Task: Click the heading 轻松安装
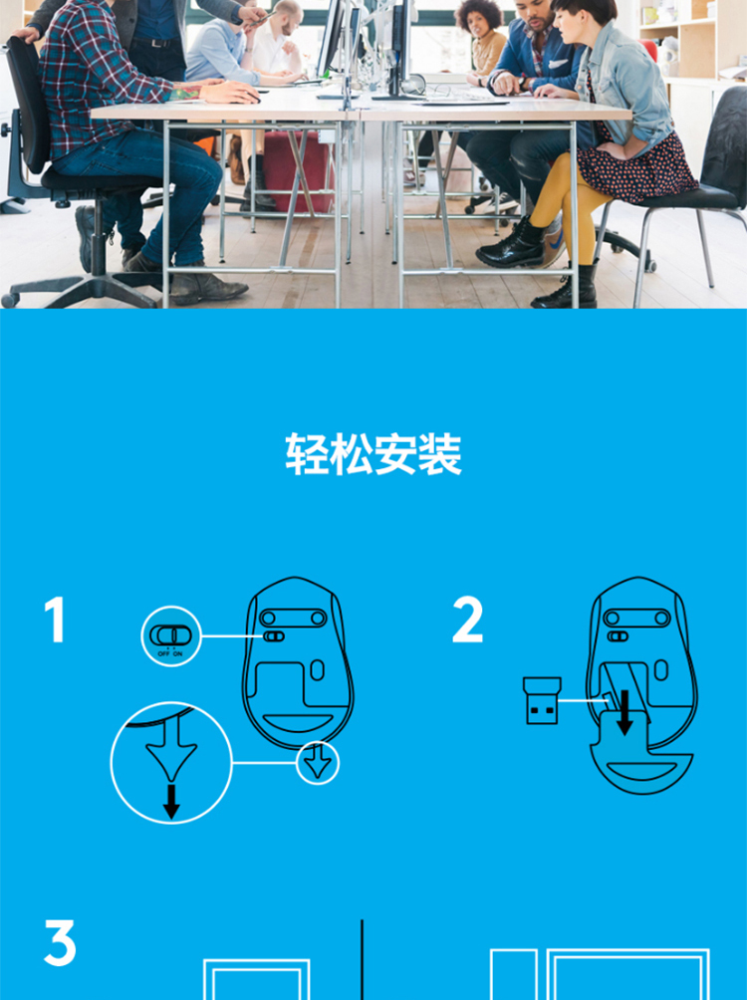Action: (x=373, y=454)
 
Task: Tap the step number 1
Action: (x=56, y=620)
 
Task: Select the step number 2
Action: (x=467, y=620)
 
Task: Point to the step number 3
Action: (x=60, y=942)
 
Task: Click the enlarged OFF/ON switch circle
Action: (x=171, y=636)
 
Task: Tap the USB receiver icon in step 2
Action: (x=542, y=700)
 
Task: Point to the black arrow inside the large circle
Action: (x=171, y=801)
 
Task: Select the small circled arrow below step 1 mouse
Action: (x=318, y=763)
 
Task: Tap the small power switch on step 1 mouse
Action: (x=274, y=636)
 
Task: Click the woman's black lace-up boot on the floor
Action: (x=510, y=246)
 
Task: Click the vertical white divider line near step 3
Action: (x=362, y=960)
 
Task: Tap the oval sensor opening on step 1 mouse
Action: (x=317, y=670)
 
